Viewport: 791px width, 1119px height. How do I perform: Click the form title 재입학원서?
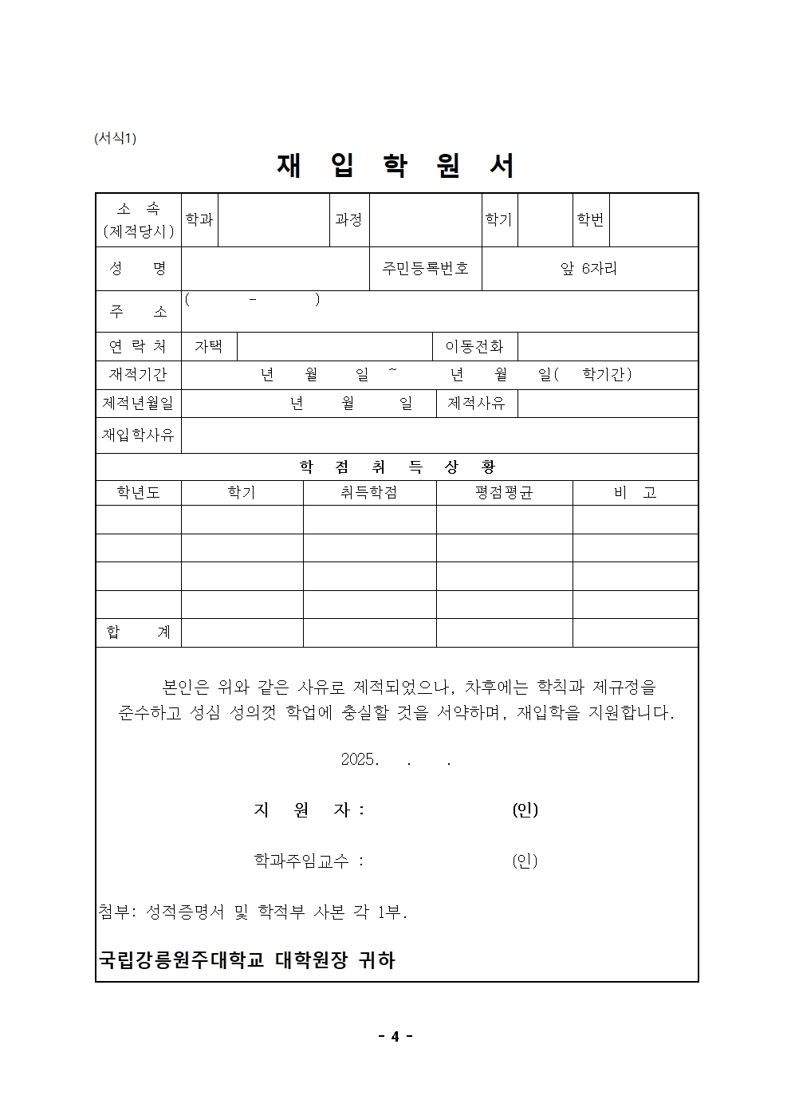click(396, 166)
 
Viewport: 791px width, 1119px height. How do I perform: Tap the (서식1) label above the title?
click(116, 138)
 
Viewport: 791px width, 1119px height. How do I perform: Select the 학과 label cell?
click(199, 219)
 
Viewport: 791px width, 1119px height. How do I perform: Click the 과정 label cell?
click(349, 219)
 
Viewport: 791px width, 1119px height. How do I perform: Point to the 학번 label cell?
click(591, 219)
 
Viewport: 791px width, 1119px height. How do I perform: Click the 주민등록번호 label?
click(425, 269)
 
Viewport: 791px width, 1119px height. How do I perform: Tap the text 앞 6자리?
click(589, 269)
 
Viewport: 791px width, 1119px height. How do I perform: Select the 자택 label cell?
click(209, 346)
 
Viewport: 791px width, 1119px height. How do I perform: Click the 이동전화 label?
click(474, 346)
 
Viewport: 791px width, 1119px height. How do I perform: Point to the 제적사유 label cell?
click(476, 404)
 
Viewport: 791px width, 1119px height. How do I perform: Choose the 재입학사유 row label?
click(138, 435)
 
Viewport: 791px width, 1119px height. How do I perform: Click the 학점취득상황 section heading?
click(396, 467)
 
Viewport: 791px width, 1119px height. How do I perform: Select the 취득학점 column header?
click(369, 493)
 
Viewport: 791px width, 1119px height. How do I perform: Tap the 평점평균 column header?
click(504, 493)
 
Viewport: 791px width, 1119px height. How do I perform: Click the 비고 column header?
click(635, 493)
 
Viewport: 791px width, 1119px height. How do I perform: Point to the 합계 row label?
click(138, 632)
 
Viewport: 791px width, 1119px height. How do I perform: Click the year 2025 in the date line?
click(359, 760)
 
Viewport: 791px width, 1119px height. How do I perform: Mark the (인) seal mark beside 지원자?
click(525, 810)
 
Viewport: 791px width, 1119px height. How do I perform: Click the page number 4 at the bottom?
click(395, 1037)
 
